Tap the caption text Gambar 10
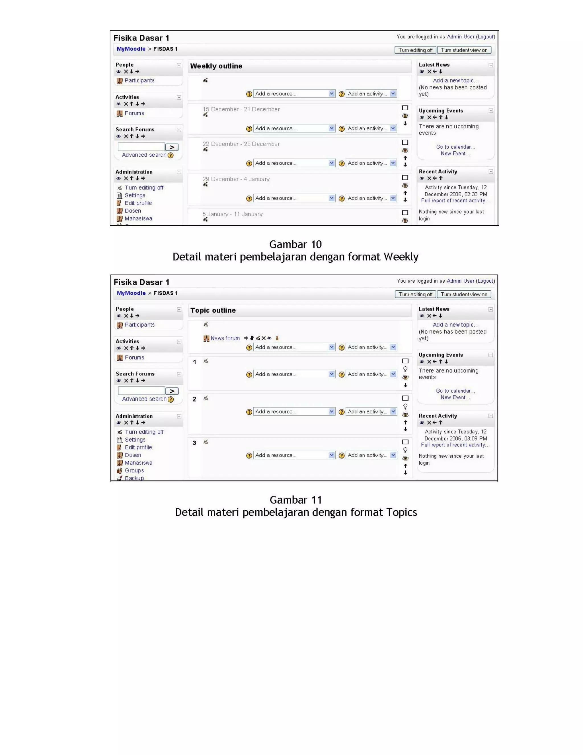click(295, 244)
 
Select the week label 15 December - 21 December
click(241, 109)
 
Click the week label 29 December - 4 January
click(236, 179)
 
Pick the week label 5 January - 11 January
click(233, 214)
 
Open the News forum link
click(225, 338)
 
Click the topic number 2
click(194, 399)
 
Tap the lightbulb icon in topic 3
click(405, 450)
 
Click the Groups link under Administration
click(134, 470)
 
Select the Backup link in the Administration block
click(134, 478)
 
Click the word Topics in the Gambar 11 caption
click(401, 512)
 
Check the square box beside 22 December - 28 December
click(405, 142)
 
